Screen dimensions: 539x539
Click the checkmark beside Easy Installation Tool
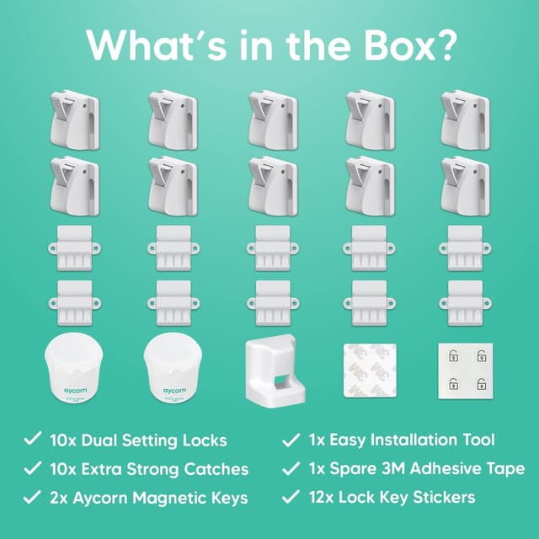[x=291, y=440]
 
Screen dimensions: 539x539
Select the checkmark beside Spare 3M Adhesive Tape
[x=291, y=468]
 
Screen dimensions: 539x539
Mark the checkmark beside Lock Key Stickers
[x=291, y=497]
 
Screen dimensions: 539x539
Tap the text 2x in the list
[x=61, y=497]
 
